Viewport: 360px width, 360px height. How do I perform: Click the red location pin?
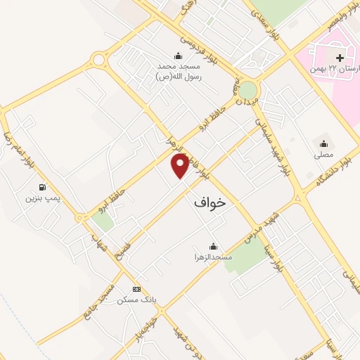coord(181,165)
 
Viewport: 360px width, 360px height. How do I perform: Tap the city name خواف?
coord(209,202)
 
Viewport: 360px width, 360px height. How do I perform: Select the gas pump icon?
coord(44,188)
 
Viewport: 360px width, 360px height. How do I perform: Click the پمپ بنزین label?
coord(40,200)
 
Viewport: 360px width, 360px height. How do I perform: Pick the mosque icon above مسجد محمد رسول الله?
coord(179,56)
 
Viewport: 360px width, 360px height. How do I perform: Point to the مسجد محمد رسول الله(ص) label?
coord(179,71)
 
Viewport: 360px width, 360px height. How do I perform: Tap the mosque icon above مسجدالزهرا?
coord(213,247)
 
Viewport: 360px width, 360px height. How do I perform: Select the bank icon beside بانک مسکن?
coord(136,289)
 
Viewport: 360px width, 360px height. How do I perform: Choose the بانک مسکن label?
coord(136,300)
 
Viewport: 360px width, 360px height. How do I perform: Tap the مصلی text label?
coord(323,153)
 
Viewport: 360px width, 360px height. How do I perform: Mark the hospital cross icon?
coord(340,58)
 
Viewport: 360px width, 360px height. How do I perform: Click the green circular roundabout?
coord(247,90)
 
